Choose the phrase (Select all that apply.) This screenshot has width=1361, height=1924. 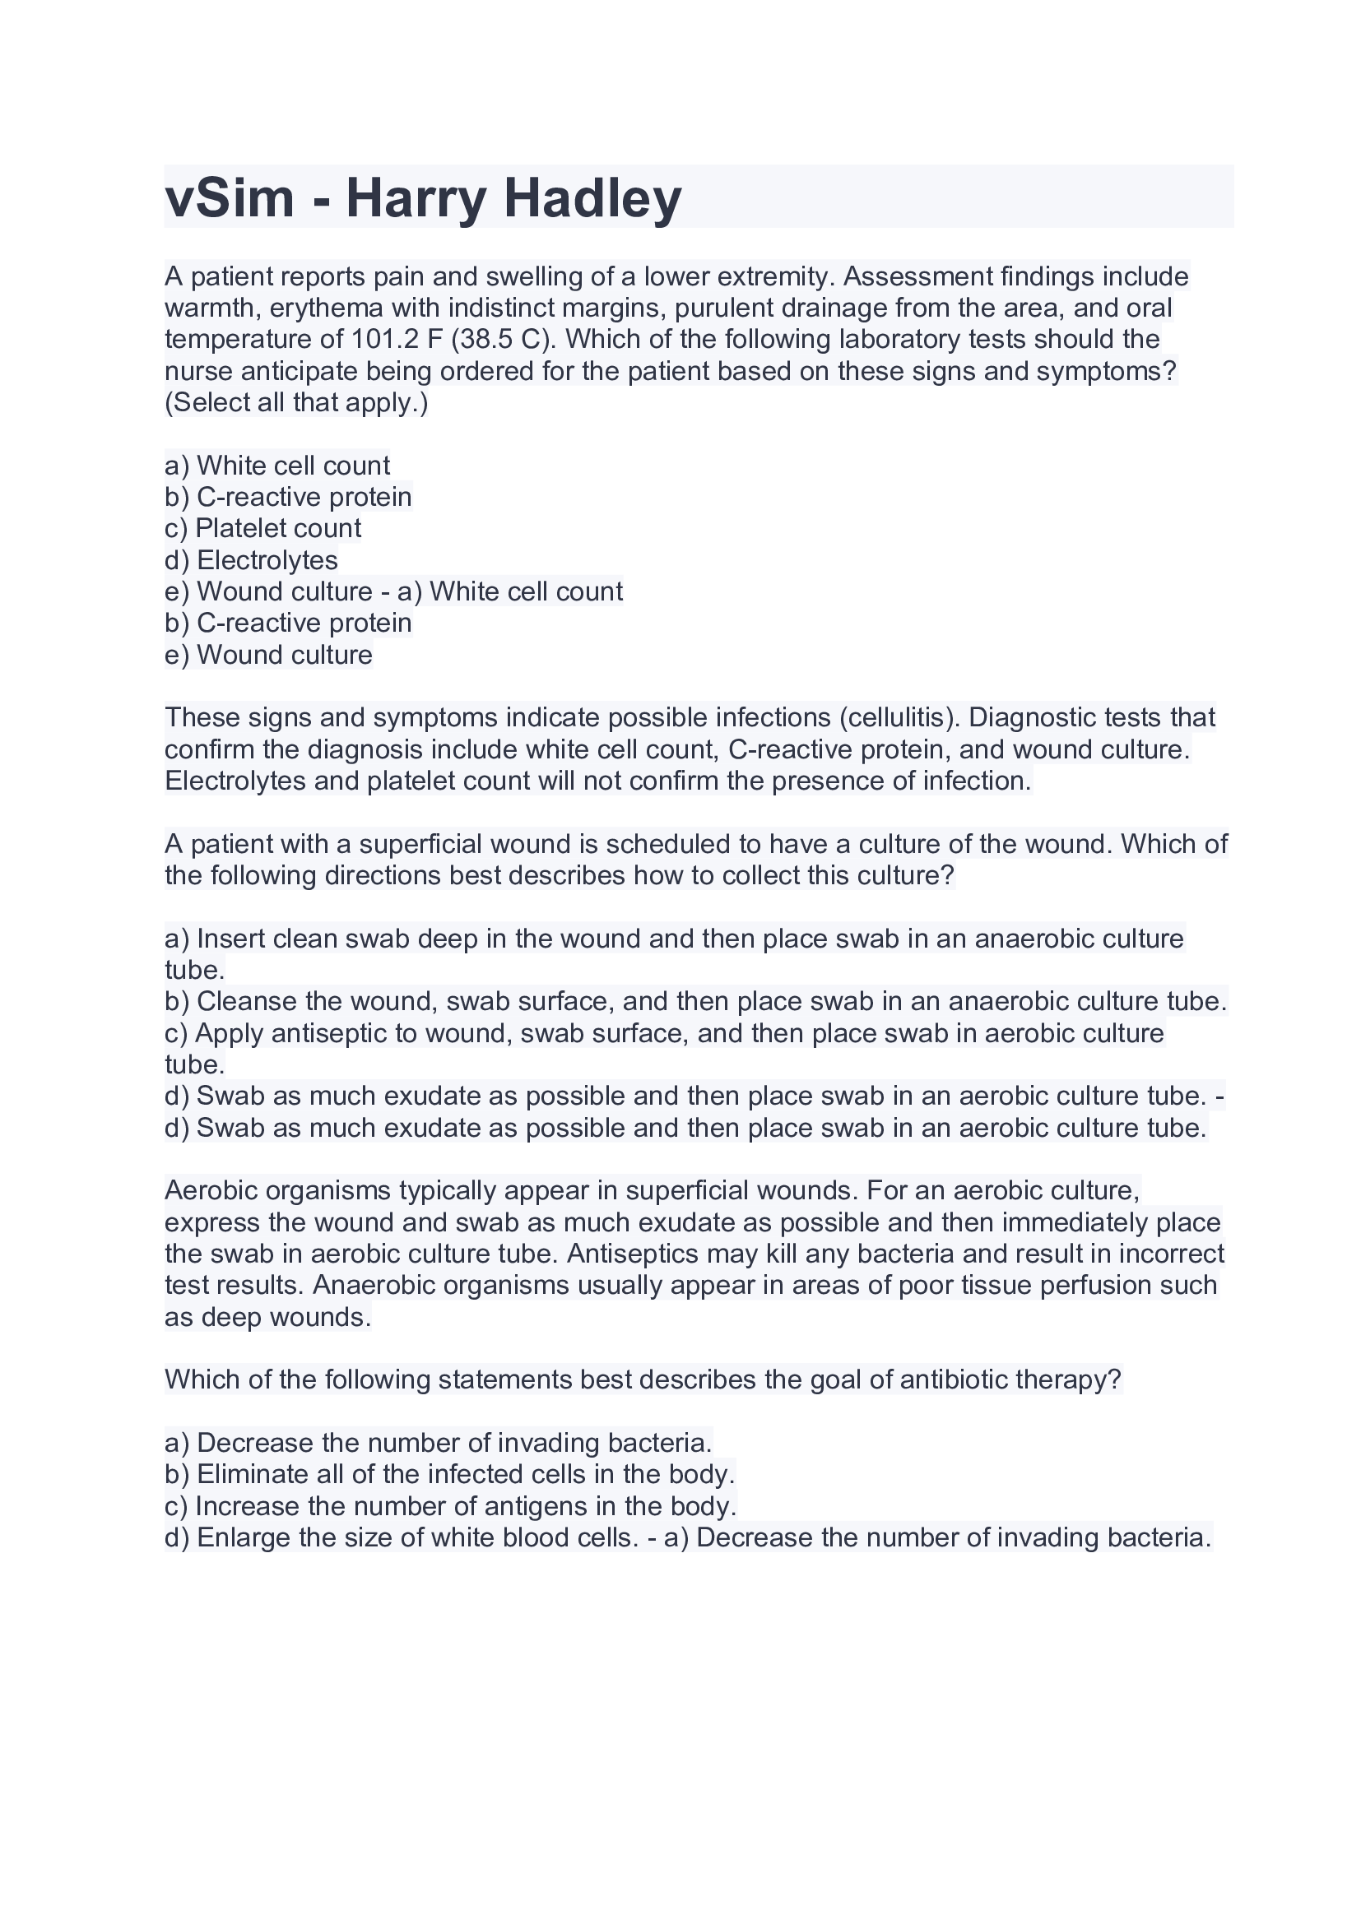tap(297, 402)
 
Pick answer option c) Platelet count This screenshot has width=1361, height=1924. tap(263, 528)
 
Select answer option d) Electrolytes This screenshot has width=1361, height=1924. tap(252, 560)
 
